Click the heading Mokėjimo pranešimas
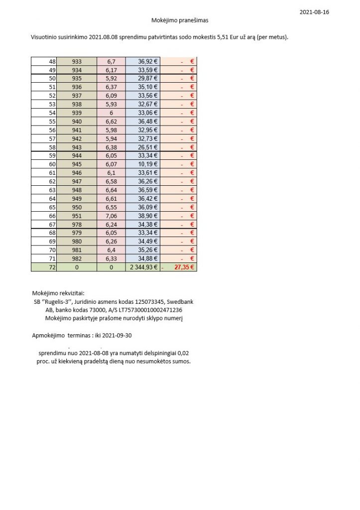(x=180, y=20)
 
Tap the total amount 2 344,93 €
(x=144, y=267)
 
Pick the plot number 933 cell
(x=77, y=61)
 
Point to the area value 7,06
(x=111, y=215)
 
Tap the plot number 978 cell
(x=77, y=224)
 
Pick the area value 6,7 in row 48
(x=111, y=61)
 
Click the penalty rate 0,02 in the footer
(x=183, y=353)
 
